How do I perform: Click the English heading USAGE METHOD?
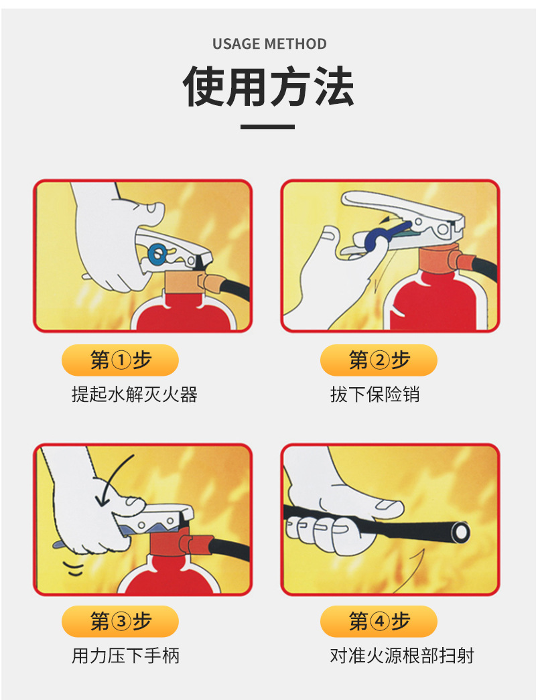[x=269, y=44]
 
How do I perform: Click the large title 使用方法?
[x=269, y=87]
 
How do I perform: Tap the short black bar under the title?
[x=268, y=127]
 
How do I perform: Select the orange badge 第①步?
[x=120, y=360]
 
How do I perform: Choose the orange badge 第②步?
[x=379, y=360]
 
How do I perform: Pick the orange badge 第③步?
[x=120, y=622]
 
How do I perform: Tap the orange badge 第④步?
[x=379, y=622]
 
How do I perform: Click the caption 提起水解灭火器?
[x=135, y=395]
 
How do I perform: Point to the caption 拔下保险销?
[x=375, y=395]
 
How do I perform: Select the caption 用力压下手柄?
[x=125, y=655]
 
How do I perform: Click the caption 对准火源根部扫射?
[x=402, y=655]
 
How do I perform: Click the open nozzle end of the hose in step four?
[x=460, y=533]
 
